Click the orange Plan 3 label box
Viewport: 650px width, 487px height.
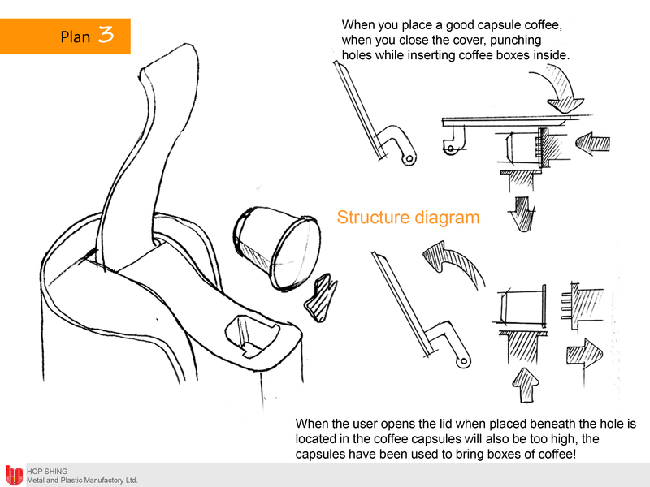click(65, 36)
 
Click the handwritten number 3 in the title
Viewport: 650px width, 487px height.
click(106, 34)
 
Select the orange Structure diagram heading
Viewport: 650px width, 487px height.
click(408, 218)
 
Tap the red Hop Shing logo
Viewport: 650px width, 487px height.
click(14, 476)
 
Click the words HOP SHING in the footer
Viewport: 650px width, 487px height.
click(47, 472)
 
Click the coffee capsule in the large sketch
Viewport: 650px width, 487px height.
click(276, 248)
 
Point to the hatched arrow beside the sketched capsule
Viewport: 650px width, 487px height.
click(322, 297)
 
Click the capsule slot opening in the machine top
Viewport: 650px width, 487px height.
click(252, 335)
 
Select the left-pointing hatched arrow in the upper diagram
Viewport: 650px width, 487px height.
click(593, 144)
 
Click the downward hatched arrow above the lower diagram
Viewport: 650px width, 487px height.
click(522, 213)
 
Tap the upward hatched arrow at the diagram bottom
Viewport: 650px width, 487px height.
click(526, 385)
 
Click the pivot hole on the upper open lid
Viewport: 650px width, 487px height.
click(409, 158)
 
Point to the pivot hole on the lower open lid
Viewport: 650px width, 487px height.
click(464, 361)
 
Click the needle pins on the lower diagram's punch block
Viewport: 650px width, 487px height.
click(566, 306)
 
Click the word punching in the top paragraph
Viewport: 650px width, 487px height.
click(515, 40)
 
